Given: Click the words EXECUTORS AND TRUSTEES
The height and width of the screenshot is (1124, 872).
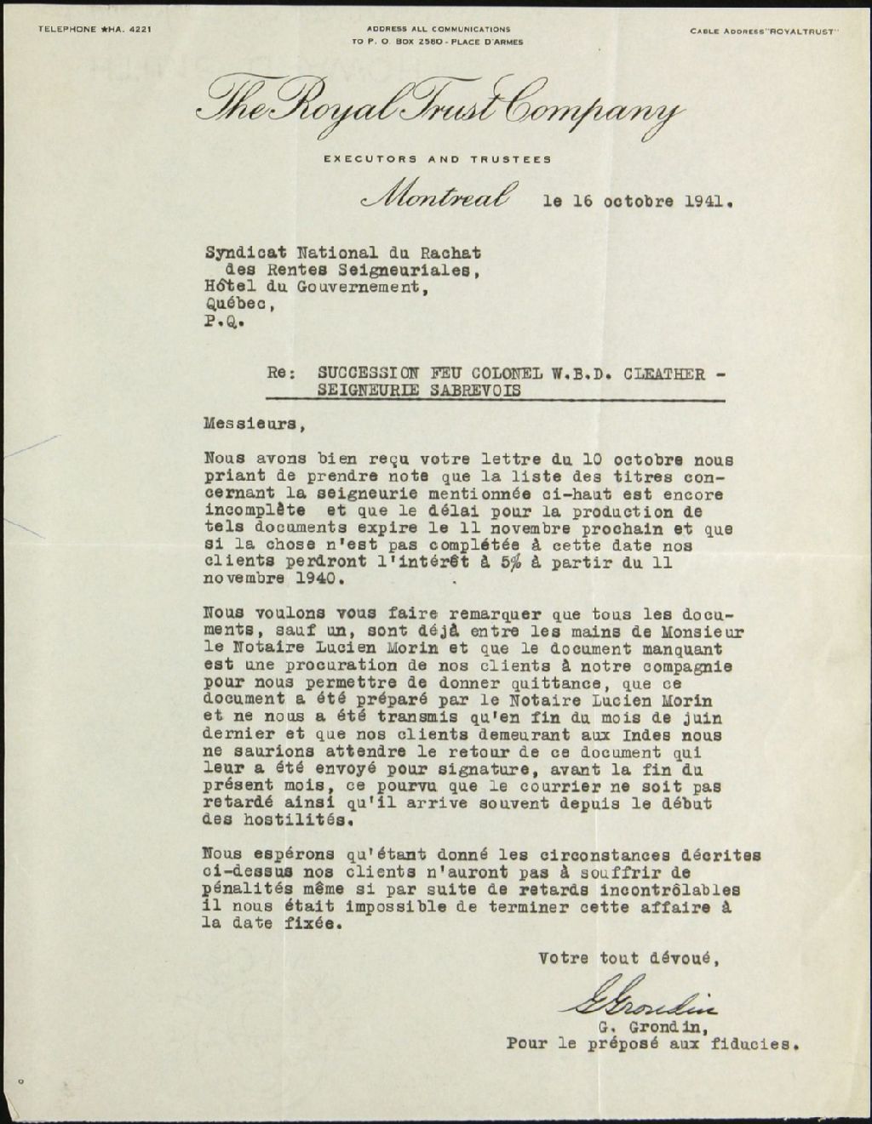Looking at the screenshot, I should click(437, 159).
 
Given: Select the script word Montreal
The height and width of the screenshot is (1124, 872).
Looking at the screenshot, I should click(437, 197).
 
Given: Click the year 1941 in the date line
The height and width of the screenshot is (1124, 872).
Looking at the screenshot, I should click(705, 203).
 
